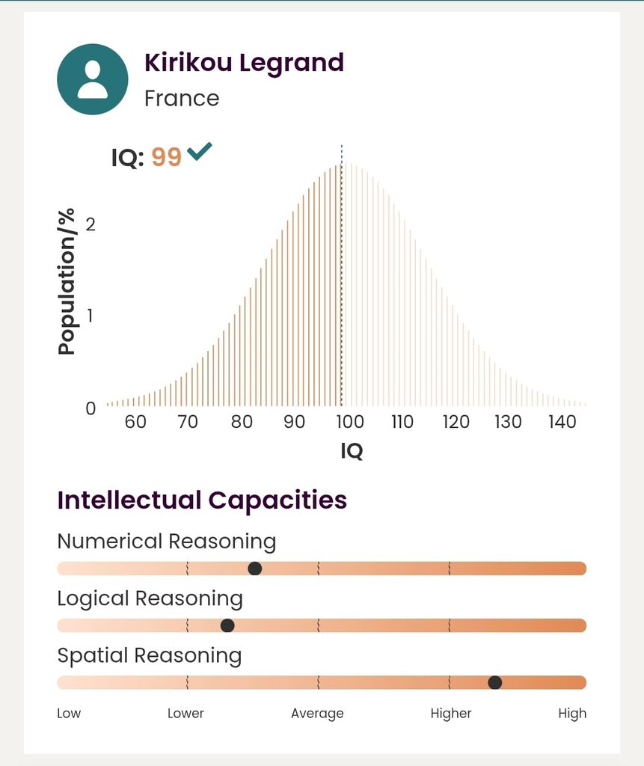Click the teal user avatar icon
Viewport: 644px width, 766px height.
pyautogui.click(x=93, y=79)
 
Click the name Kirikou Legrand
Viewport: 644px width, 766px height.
pyautogui.click(x=244, y=63)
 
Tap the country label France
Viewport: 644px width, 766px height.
pyautogui.click(x=182, y=99)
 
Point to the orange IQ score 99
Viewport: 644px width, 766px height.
pyautogui.click(x=167, y=158)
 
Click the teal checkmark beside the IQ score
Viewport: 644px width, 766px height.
pyautogui.click(x=200, y=152)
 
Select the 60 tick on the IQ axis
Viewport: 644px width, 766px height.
pyautogui.click(x=135, y=422)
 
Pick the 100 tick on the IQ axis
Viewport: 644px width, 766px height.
pyautogui.click(x=349, y=422)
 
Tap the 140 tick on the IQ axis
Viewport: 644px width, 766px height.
pyautogui.click(x=562, y=422)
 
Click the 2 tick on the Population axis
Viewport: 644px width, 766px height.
pyautogui.click(x=91, y=224)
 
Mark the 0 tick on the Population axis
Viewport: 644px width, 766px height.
pyautogui.click(x=91, y=408)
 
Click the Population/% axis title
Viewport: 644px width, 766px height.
pyautogui.click(x=67, y=282)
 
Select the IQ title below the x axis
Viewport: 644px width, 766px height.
pyautogui.click(x=352, y=451)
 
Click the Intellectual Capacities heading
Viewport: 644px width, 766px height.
pyautogui.click(x=202, y=500)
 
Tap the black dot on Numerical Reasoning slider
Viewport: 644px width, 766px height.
pyautogui.click(x=255, y=569)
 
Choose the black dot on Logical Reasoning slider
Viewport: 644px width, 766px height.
pyautogui.click(x=227, y=625)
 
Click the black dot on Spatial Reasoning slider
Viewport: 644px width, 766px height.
pyautogui.click(x=494, y=682)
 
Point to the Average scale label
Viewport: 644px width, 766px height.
pyautogui.click(x=317, y=714)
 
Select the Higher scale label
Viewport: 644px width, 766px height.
pyautogui.click(x=451, y=714)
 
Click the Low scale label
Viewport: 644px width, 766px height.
pyautogui.click(x=69, y=714)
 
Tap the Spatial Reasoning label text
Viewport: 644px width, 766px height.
pyautogui.click(x=150, y=656)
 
